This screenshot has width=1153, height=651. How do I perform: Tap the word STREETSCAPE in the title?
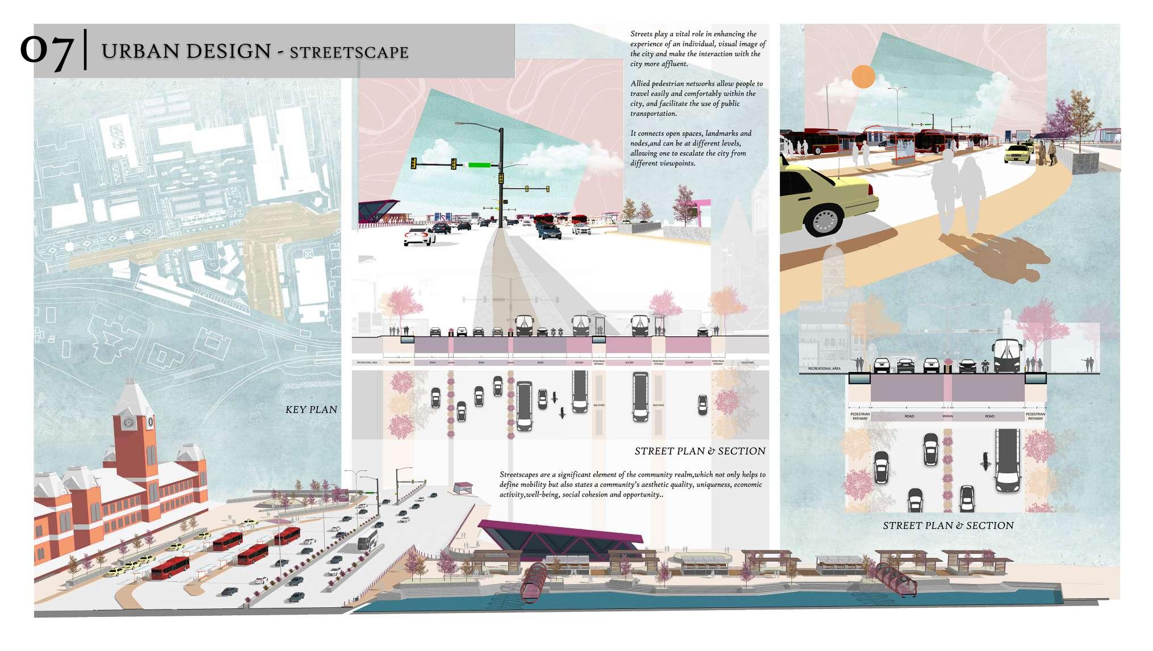(349, 52)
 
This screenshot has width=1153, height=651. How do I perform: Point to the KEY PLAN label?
(311, 410)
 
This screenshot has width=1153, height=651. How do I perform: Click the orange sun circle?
(863, 77)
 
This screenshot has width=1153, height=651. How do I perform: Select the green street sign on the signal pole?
(479, 165)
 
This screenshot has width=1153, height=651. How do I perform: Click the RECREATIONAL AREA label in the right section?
(824, 369)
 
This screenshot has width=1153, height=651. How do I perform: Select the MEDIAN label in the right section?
(947, 416)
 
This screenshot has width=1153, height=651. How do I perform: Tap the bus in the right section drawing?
(1007, 357)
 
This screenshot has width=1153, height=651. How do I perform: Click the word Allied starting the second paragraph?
(640, 84)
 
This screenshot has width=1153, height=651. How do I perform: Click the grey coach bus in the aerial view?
(367, 540)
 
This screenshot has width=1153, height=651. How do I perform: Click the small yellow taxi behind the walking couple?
(1018, 152)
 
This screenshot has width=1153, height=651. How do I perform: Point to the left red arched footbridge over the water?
(534, 579)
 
